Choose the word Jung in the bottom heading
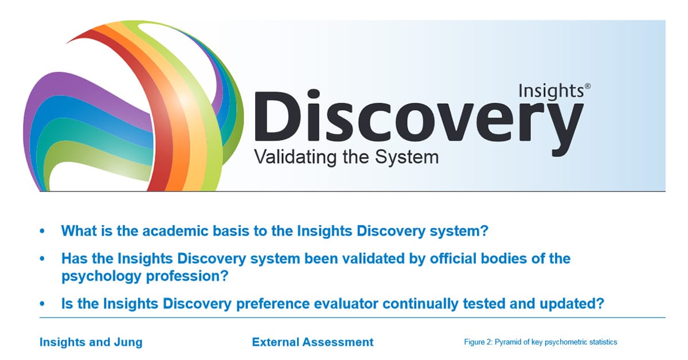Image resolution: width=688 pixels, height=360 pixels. click(127, 342)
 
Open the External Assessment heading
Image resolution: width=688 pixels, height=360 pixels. click(312, 342)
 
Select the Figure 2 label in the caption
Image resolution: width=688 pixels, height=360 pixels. click(477, 342)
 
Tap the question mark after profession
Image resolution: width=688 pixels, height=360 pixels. click(225, 276)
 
